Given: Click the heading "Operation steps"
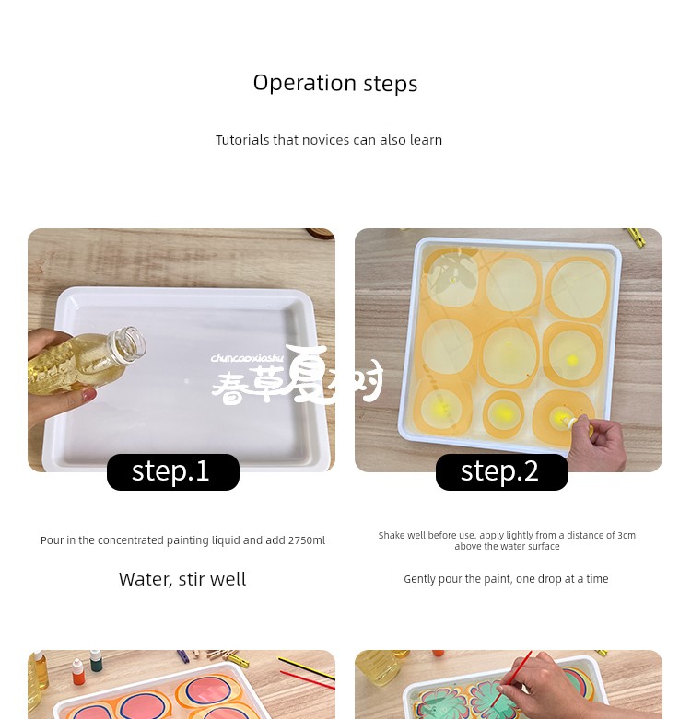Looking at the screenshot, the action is click(335, 84).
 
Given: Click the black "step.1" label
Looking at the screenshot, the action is click(173, 471).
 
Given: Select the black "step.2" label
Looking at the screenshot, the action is click(502, 471).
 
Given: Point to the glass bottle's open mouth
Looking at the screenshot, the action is click(133, 342).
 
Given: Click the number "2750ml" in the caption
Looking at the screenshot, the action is click(307, 540).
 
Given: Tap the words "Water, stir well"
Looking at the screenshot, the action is click(182, 579).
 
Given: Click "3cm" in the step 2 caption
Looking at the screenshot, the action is click(627, 535).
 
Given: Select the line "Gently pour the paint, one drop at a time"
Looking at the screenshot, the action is click(506, 579).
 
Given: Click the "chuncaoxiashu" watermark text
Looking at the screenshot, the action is click(247, 358).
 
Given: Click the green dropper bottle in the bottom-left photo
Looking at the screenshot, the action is click(96, 661).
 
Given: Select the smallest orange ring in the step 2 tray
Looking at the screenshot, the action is click(503, 414).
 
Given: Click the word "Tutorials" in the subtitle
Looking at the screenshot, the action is click(242, 140).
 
